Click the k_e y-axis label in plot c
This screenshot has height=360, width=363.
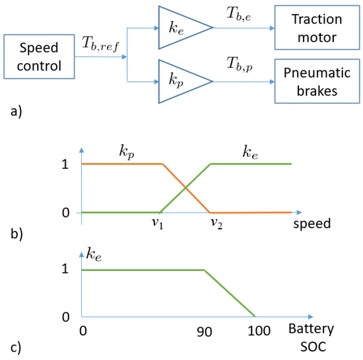point(92,252)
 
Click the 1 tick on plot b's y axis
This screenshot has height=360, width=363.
point(64,164)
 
